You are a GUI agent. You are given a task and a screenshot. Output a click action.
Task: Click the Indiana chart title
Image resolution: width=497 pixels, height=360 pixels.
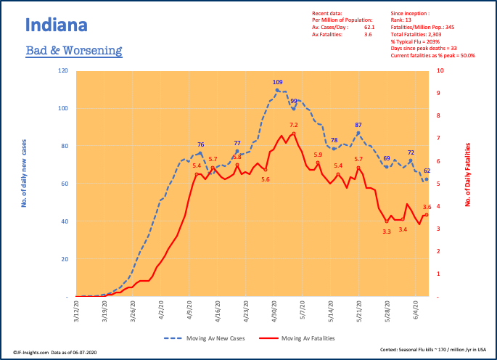(57, 25)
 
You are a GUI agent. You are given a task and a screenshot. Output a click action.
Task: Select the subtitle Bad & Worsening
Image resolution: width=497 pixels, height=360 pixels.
(73, 51)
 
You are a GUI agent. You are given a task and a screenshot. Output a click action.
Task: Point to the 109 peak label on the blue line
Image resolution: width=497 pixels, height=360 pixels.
(277, 83)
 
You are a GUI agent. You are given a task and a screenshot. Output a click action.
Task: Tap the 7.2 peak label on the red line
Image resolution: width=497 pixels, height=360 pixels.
(294, 126)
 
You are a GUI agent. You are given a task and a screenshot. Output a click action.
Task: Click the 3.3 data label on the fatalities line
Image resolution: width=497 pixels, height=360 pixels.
(387, 232)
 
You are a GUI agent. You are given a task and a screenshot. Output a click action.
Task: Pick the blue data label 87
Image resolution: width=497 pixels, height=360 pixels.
(358, 125)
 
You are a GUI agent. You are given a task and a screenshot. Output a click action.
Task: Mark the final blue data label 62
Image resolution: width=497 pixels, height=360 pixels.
(427, 171)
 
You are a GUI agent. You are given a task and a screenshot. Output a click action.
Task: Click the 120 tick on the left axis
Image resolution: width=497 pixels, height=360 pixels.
(63, 71)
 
